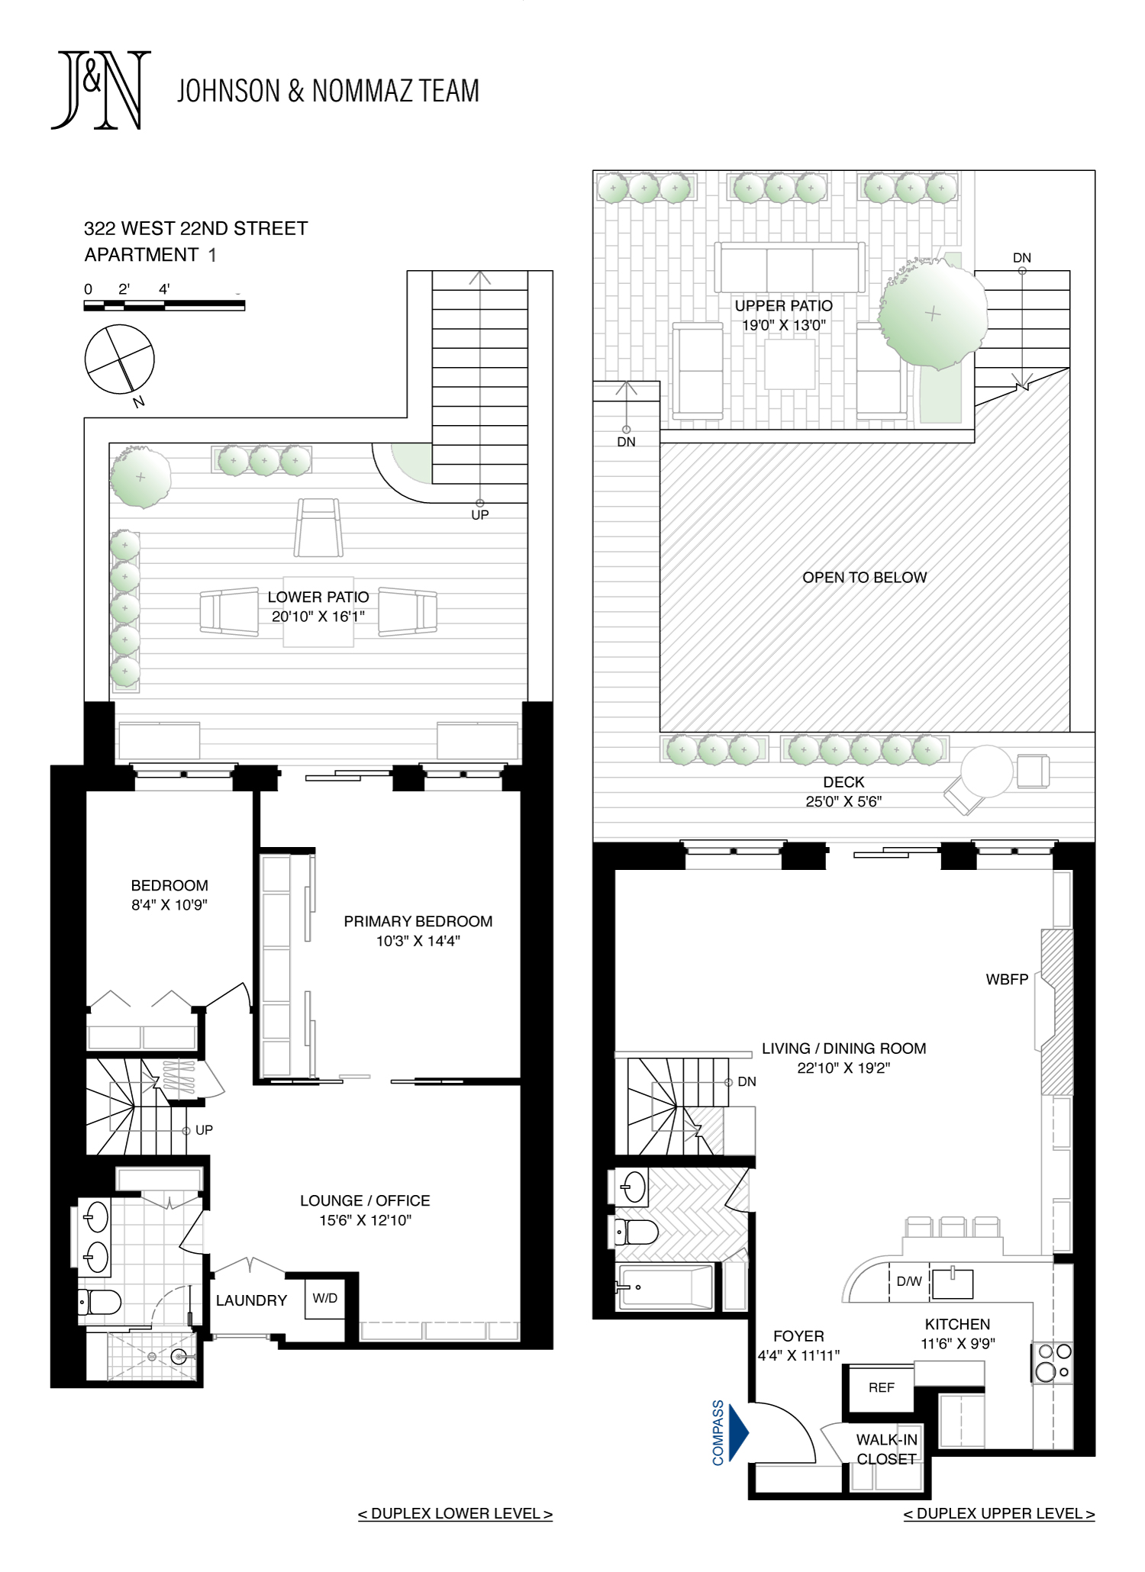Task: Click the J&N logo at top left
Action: pos(101,90)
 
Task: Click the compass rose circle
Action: pos(119,359)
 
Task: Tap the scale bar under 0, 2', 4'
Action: pos(164,305)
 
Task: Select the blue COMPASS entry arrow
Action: pos(738,1432)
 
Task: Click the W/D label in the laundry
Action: pos(324,1298)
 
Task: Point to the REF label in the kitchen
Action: pos(881,1387)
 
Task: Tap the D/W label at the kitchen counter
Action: pos(908,1281)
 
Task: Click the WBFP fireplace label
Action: pos(1007,979)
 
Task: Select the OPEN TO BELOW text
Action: pos(864,578)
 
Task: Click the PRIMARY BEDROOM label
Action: pos(418,921)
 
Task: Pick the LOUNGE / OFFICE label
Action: pos(365,1200)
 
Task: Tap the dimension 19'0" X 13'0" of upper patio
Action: pos(784,325)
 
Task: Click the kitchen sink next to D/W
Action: pos(952,1284)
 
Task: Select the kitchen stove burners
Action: pos(1053,1362)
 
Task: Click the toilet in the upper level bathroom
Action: pos(637,1231)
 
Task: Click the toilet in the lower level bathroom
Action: pos(99,1302)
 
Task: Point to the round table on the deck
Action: pos(987,772)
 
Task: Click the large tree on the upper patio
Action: pos(933,314)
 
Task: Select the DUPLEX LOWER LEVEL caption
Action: pos(455,1513)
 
